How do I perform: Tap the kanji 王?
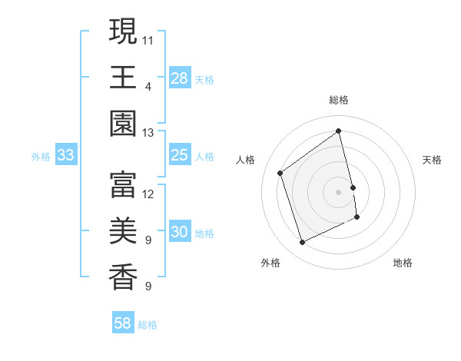coord(123,78)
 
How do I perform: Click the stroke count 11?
coord(148,39)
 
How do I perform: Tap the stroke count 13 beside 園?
coord(148,133)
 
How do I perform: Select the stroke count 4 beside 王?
coord(148,86)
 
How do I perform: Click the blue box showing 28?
coord(180,78)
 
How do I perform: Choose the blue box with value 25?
coord(180,156)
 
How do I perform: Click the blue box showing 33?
coord(66,156)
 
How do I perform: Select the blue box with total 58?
coord(123,323)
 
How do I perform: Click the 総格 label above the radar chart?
coord(339,100)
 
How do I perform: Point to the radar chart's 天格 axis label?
coord(433,160)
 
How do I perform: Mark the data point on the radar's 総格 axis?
coord(339,131)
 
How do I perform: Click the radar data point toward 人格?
coord(280,173)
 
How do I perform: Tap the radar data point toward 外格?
coord(302,243)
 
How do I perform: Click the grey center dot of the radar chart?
coord(339,192)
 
